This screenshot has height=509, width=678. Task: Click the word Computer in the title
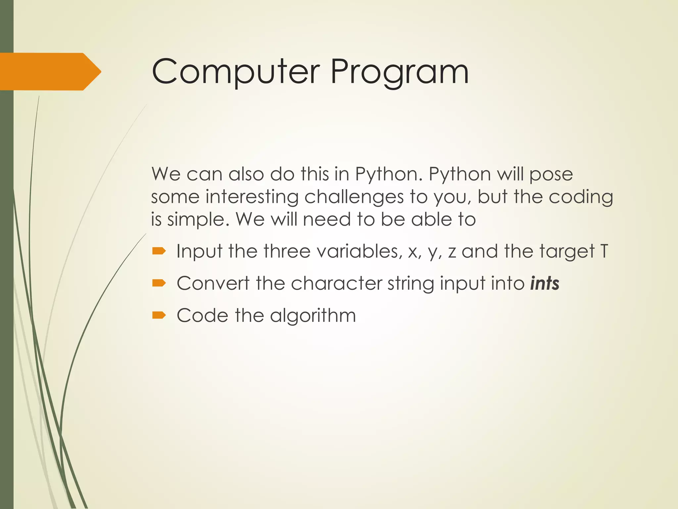click(235, 72)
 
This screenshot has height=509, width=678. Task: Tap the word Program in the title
click(399, 72)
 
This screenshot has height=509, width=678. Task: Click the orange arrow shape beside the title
click(50, 72)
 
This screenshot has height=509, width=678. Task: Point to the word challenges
click(354, 197)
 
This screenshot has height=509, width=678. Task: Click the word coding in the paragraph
click(581, 197)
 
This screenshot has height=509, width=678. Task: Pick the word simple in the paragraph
click(198, 219)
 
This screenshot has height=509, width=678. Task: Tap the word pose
click(551, 174)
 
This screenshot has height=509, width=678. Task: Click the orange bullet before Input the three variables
click(159, 251)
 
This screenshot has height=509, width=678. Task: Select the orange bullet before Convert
click(159, 283)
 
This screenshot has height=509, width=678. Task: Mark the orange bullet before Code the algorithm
click(159, 315)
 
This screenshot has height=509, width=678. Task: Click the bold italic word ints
click(545, 283)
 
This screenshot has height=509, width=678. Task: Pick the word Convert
click(213, 283)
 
